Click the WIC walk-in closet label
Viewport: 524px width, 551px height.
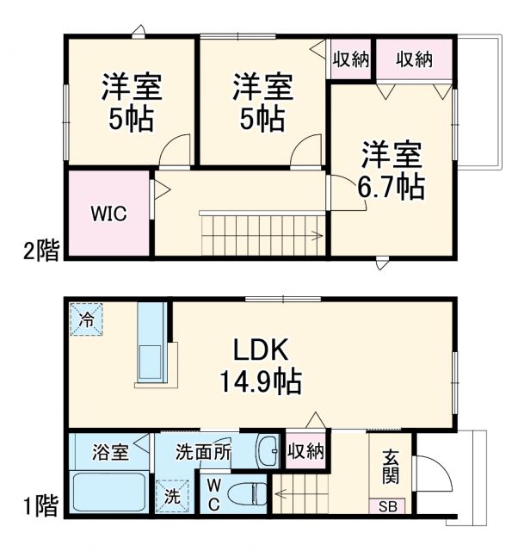click(x=109, y=214)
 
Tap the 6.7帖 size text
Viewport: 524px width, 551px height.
click(x=391, y=186)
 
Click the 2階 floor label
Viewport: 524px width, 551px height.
click(x=41, y=251)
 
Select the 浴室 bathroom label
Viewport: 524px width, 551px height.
click(x=112, y=450)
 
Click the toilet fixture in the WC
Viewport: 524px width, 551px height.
click(x=249, y=495)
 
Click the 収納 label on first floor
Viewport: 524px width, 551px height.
click(x=305, y=450)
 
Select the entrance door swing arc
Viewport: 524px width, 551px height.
click(x=430, y=474)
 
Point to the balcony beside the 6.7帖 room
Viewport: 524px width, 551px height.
click(x=478, y=103)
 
